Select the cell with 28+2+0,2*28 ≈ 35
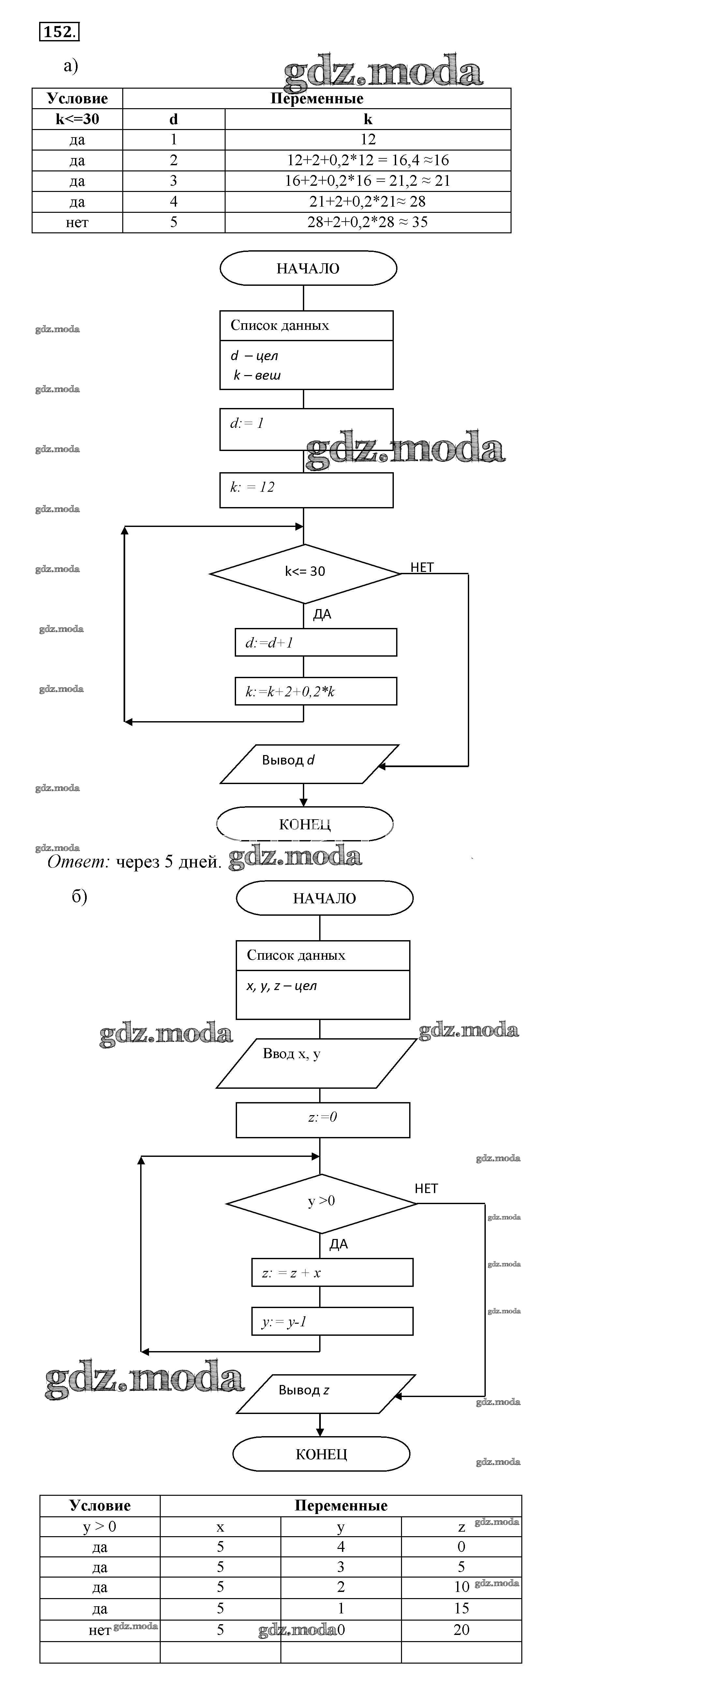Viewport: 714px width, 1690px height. click(x=367, y=222)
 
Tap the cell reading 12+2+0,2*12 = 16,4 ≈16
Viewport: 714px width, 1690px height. click(x=367, y=160)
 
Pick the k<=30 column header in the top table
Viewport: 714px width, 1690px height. click(x=78, y=119)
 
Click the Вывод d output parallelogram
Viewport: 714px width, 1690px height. click(x=308, y=764)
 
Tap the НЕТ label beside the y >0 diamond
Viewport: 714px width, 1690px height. click(x=426, y=1189)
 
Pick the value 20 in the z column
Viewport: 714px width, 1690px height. click(x=461, y=1630)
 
